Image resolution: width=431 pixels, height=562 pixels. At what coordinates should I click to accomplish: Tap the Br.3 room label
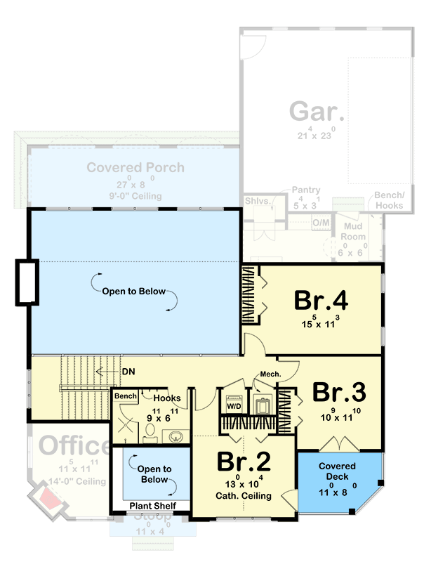[x=340, y=391]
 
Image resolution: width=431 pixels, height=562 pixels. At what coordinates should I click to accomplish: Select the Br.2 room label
[x=243, y=461]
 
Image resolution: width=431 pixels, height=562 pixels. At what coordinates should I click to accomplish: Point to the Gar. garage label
[x=317, y=112]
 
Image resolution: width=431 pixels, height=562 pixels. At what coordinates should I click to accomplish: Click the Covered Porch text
[x=135, y=167]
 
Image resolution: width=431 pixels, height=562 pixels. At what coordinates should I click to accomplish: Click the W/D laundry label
[x=232, y=406]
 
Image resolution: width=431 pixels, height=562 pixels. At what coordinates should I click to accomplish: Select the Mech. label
[x=270, y=374]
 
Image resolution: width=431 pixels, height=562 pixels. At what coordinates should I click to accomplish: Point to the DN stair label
[x=128, y=370]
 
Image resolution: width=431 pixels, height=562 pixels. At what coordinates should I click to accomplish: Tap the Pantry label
[x=307, y=190]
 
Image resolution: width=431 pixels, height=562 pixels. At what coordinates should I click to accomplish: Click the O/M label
[x=320, y=223]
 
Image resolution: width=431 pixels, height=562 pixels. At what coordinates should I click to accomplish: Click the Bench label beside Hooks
[x=126, y=397]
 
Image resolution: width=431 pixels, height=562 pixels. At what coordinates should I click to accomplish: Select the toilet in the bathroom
[x=150, y=435]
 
